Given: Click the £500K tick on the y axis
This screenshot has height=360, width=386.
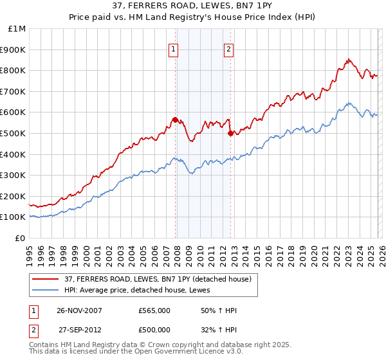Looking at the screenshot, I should coord(14,133).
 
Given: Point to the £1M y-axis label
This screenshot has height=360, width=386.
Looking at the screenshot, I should coord(17,28).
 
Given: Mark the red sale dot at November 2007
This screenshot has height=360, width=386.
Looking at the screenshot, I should coord(175,120).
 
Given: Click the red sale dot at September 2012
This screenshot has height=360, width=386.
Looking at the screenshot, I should coord(230,133).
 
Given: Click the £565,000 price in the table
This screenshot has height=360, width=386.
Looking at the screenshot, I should coord(154,310).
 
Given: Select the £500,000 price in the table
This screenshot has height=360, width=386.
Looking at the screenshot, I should coord(154,330).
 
